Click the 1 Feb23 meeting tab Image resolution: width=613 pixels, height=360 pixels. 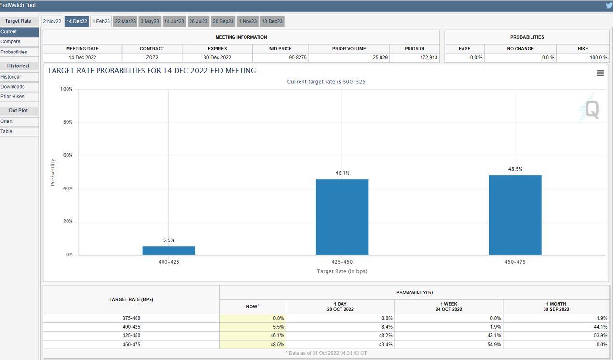pos(101,21)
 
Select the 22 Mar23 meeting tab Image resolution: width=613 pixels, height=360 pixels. pos(125,21)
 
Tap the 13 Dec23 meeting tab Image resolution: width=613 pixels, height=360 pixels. pos(272,21)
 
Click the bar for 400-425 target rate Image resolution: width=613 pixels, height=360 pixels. pos(169,251)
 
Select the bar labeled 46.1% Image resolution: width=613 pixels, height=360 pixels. pos(342,217)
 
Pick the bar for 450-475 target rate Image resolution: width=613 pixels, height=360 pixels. pos(515,215)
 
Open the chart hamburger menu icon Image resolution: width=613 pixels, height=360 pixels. pos(600,73)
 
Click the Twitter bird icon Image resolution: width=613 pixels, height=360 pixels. pos(609,5)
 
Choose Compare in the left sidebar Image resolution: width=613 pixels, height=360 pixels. pos(11,42)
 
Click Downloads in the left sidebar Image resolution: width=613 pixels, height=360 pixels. pos(13,87)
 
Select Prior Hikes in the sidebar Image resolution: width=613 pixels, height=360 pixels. pos(13,97)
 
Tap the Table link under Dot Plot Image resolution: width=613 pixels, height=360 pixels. pos(6,132)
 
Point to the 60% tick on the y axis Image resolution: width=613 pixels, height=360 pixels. pos(67,155)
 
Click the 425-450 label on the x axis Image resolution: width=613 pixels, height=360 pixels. pos(342,262)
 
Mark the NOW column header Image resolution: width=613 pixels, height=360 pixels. pos(252,307)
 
